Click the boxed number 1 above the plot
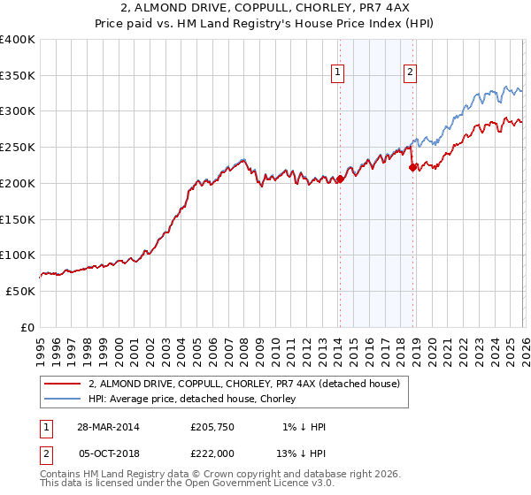tap(339, 73)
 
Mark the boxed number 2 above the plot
tap(411, 73)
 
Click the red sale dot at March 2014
tap(340, 179)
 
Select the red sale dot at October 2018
tap(412, 167)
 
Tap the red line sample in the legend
tap(62, 384)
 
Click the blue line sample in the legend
tap(62, 398)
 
